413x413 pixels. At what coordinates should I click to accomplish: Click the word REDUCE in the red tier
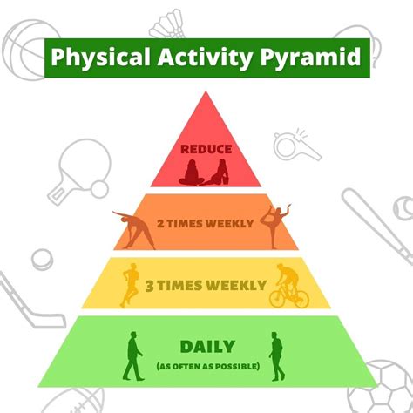206,149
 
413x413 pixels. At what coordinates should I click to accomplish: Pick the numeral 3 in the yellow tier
151,285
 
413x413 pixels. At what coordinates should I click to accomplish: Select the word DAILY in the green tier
206,346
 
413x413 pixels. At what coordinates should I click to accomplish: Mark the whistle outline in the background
297,143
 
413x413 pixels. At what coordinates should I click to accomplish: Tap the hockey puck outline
42,259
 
